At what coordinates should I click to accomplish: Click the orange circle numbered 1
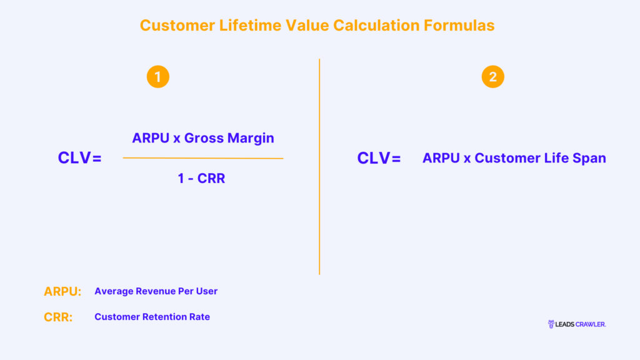click(x=158, y=77)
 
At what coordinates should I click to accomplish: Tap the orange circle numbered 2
click(x=493, y=77)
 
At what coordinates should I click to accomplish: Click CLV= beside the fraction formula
click(x=79, y=158)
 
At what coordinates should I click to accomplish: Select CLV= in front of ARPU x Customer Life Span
click(x=379, y=158)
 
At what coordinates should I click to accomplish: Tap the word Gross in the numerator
click(x=203, y=138)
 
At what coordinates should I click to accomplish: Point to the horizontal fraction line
click(x=202, y=158)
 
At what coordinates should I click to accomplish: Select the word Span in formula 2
click(x=589, y=158)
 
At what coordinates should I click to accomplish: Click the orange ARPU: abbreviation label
click(x=62, y=291)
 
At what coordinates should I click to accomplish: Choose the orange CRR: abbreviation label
click(x=58, y=317)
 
